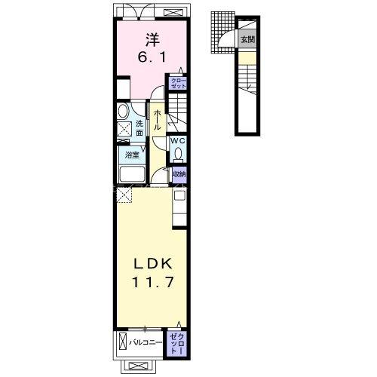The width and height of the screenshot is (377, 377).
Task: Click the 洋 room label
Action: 152,40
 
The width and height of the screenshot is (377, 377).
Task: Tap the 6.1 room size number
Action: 152,58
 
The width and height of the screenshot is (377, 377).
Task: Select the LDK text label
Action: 152,264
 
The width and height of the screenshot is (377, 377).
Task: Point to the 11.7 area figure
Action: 152,282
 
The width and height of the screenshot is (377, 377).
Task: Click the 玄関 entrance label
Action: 248,39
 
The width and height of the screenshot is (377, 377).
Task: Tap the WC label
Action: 178,141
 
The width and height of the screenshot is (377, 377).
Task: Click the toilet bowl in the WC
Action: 178,153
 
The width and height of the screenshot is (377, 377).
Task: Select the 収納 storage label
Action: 179,174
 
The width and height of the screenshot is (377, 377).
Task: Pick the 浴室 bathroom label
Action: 132,155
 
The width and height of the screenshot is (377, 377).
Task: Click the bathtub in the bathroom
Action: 133,174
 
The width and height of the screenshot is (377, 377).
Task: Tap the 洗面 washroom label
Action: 139,128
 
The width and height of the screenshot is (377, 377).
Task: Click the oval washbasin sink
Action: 123,111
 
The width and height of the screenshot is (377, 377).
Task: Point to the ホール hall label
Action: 157,120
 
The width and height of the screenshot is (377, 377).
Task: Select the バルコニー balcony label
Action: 146,342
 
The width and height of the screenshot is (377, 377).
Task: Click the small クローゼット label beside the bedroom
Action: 179,83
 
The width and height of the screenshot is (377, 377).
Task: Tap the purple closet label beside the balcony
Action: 176,344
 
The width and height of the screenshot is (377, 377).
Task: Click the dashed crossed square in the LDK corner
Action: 124,196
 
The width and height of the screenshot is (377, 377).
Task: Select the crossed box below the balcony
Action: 137,366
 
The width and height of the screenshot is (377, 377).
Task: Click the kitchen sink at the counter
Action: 179,195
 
